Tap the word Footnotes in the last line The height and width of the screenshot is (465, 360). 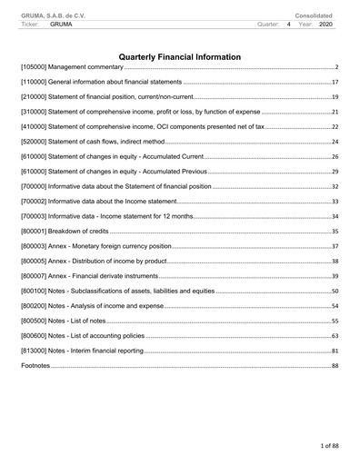tap(35, 365)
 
